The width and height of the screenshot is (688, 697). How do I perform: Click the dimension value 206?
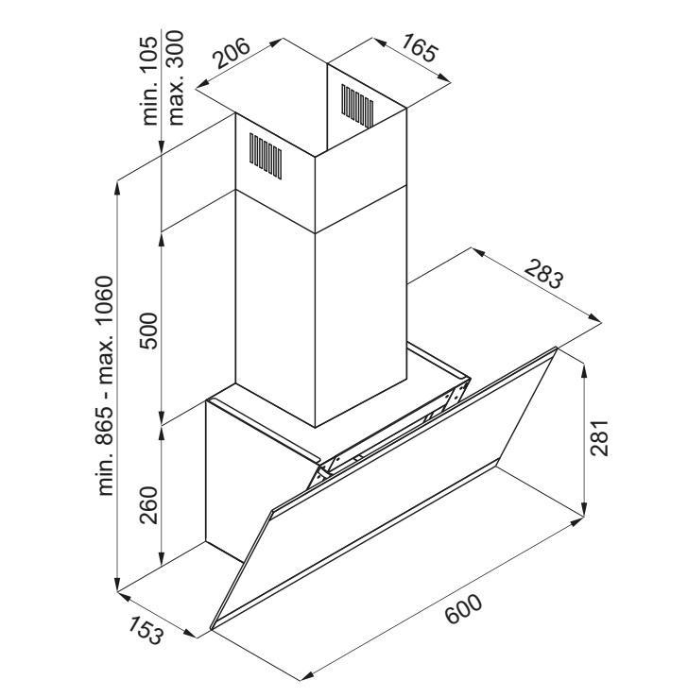(232, 53)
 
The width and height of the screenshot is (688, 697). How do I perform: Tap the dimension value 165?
(420, 47)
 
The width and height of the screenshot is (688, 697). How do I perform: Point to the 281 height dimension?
(599, 437)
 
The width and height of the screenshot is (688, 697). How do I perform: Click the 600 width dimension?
(463, 608)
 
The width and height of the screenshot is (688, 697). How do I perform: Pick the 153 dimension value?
(146, 630)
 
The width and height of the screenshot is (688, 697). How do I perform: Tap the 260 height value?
(148, 505)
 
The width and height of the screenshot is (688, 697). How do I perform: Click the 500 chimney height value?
(148, 331)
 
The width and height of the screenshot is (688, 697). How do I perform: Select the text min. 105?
(149, 81)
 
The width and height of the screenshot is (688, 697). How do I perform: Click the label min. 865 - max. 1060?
(106, 386)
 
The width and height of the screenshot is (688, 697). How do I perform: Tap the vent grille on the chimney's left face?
(266, 156)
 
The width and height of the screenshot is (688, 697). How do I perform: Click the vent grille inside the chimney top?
(357, 106)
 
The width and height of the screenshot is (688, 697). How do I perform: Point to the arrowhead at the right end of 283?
(594, 317)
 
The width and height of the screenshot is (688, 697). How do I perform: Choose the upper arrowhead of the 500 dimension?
(162, 240)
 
